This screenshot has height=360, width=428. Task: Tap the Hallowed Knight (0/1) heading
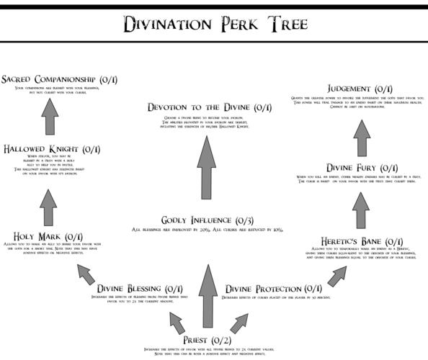point(50,149)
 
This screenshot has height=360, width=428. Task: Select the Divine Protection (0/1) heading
point(273,288)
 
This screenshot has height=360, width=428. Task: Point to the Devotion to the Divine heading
point(209,107)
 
